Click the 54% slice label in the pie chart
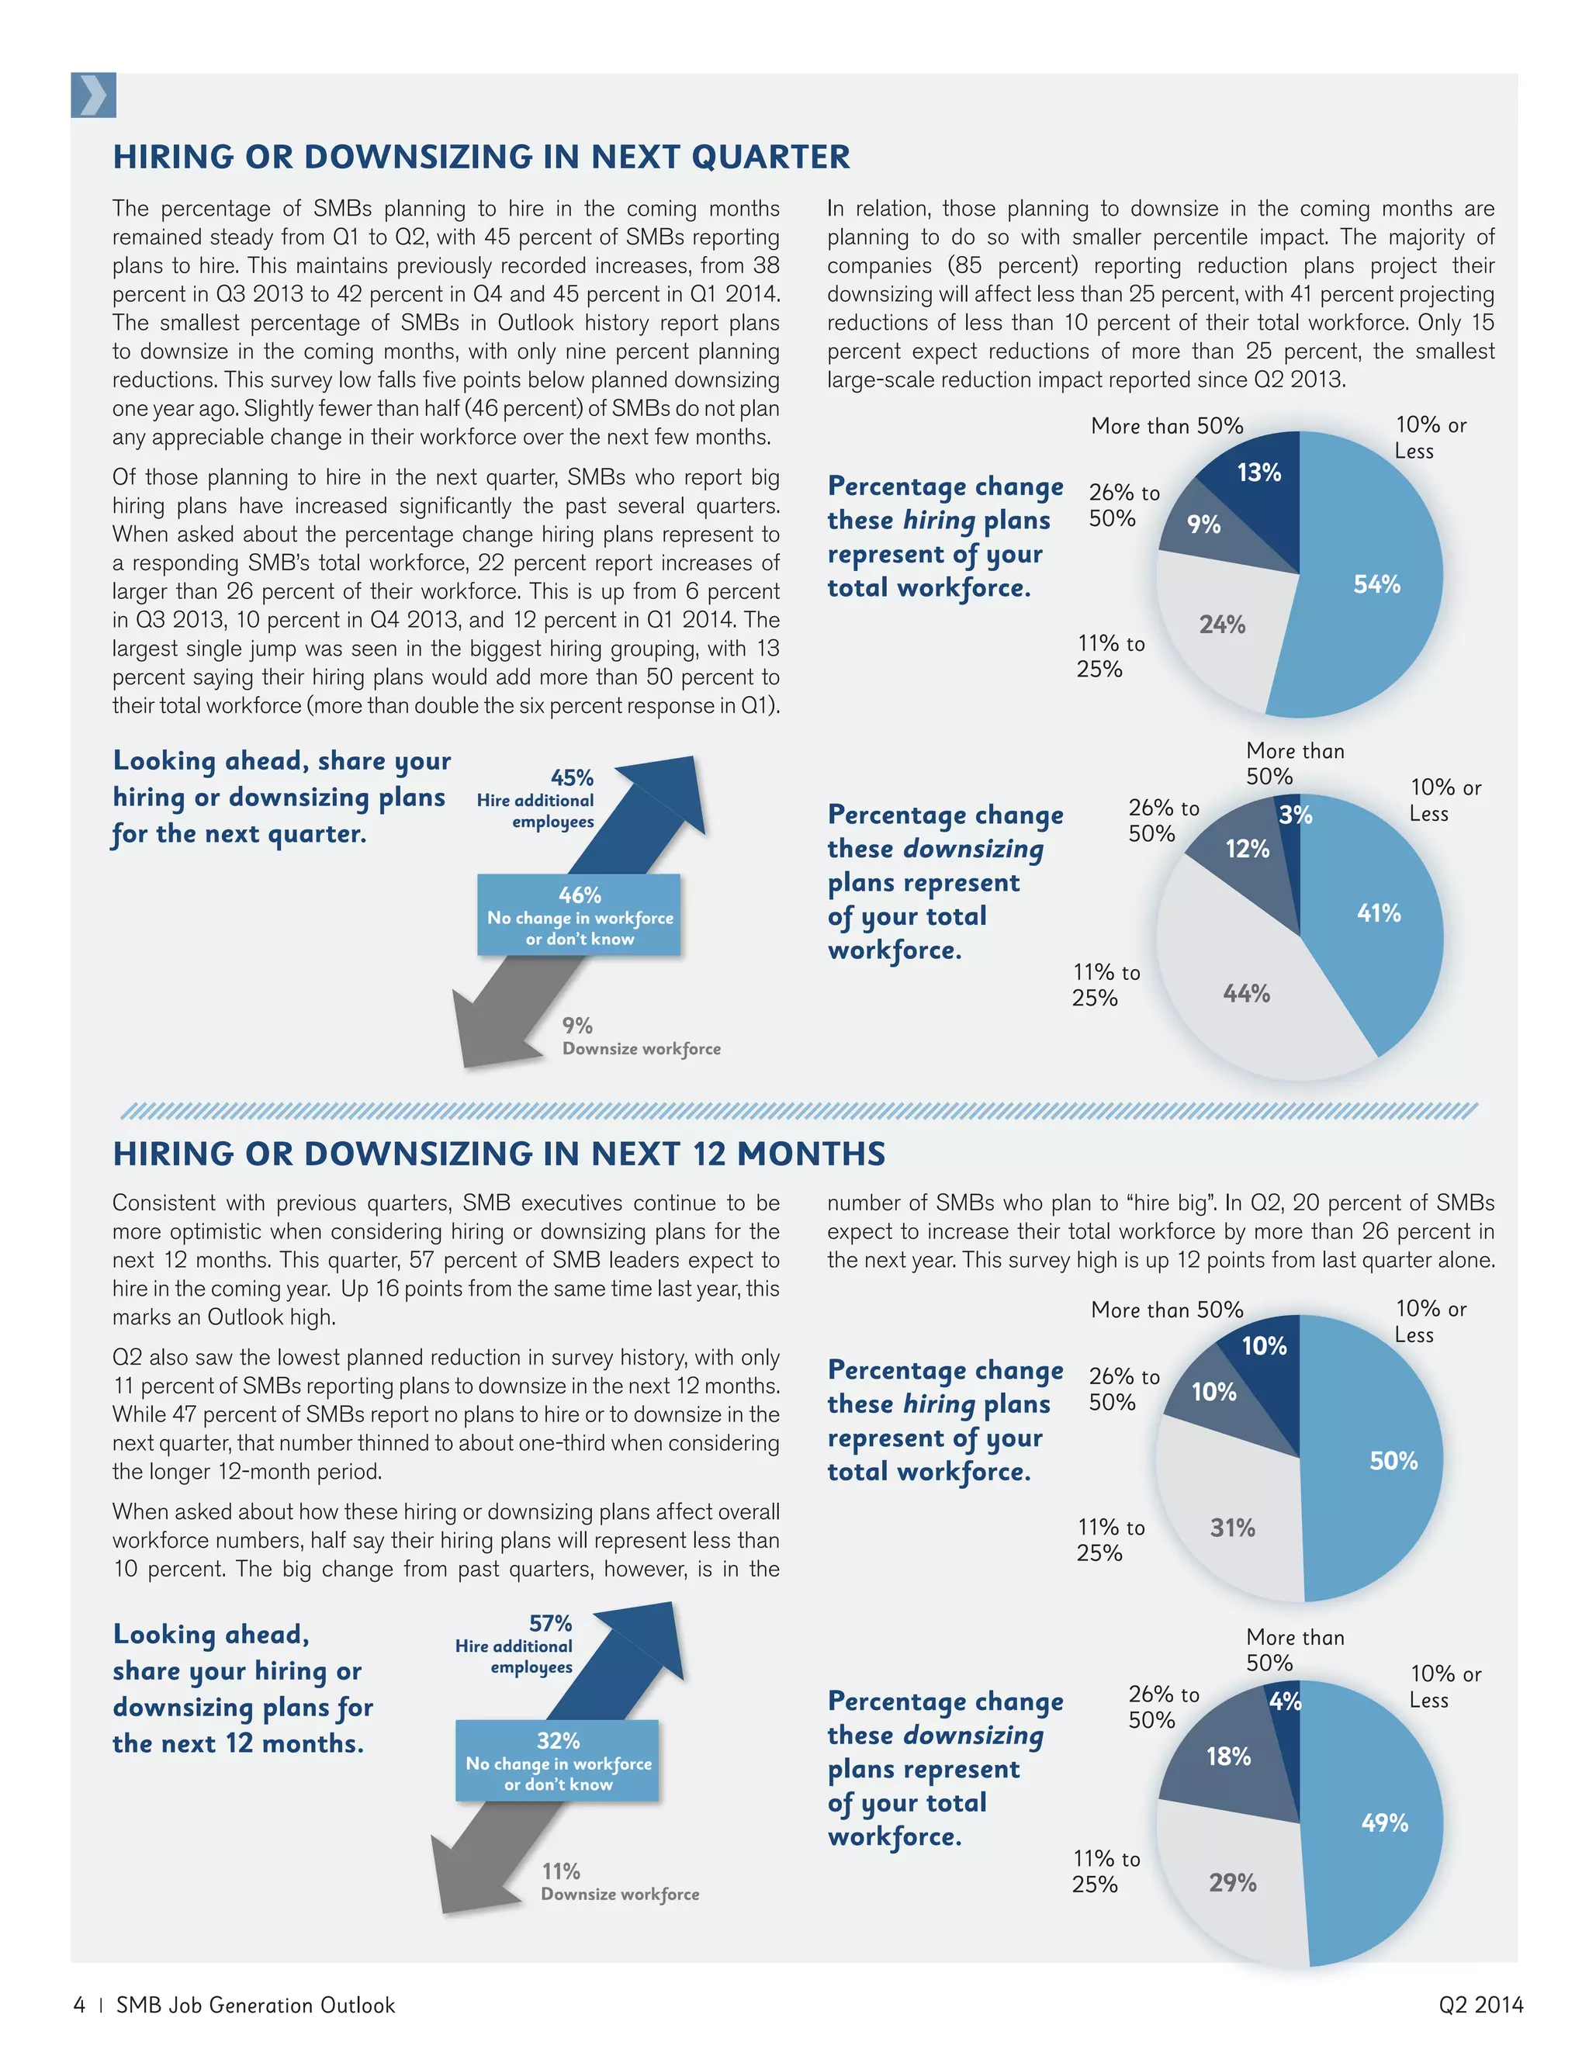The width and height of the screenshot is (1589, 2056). point(1376,585)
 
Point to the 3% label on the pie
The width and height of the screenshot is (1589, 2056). point(1295,815)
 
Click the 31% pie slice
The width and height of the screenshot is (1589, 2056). point(1232,1528)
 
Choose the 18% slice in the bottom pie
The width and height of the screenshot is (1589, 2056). point(1228,1757)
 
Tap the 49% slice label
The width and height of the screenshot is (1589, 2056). point(1385,1822)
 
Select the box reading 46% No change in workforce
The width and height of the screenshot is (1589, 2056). point(579,915)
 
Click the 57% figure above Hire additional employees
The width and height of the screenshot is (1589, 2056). point(550,1624)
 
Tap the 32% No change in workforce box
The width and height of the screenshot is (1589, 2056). point(557,1760)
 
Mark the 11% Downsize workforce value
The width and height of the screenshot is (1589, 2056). point(560,1871)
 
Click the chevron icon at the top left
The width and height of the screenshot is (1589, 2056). point(93,95)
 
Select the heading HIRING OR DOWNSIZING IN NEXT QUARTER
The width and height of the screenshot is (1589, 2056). point(481,156)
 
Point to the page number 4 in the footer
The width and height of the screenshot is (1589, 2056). point(79,2005)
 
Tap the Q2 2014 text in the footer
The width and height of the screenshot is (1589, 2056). point(1480,2005)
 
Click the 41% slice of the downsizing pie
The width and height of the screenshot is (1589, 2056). point(1378,913)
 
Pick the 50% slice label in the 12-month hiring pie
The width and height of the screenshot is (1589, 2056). point(1392,1461)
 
